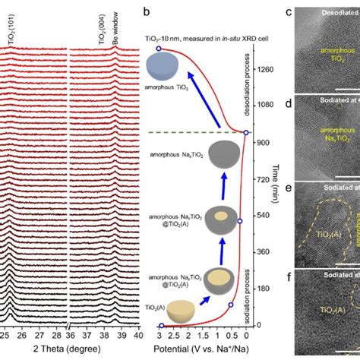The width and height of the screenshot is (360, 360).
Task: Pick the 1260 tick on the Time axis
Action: tap(265, 69)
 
